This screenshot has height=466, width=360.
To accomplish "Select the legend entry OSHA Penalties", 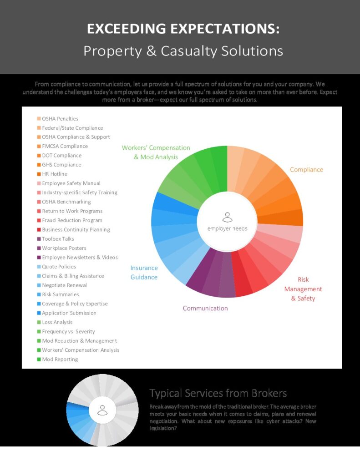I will tap(60, 119).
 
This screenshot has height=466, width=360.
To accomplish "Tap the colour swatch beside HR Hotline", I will tap(39, 174).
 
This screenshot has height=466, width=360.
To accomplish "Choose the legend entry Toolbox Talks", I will tap(58, 239).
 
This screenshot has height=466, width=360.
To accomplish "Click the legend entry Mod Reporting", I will tap(60, 360).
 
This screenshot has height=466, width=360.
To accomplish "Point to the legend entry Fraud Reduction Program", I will tap(72, 220).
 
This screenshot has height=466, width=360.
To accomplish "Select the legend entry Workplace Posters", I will tap(64, 248).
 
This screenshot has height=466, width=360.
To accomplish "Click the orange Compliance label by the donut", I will tap(306, 170).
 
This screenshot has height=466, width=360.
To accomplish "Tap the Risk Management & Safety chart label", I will tap(303, 289).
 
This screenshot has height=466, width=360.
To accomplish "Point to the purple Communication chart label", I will tap(205, 309).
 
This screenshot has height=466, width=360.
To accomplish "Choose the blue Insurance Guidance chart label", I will tap(144, 273).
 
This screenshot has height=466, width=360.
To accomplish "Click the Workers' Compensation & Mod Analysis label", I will tap(156, 152).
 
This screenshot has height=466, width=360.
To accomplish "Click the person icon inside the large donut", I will tap(227, 217).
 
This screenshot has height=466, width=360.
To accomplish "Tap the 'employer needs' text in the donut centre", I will tap(227, 228).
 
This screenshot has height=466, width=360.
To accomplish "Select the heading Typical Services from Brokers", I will tap(218, 393).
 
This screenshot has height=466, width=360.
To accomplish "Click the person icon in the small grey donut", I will tap(103, 410).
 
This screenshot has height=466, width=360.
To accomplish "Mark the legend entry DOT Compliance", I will tap(61, 156).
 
